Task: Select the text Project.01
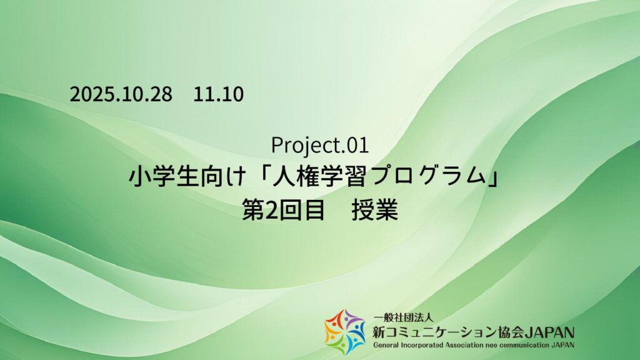pyautogui.click(x=319, y=145)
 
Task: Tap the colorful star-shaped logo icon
pyautogui.click(x=344, y=331)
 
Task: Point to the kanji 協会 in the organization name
pyautogui.click(x=505, y=331)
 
